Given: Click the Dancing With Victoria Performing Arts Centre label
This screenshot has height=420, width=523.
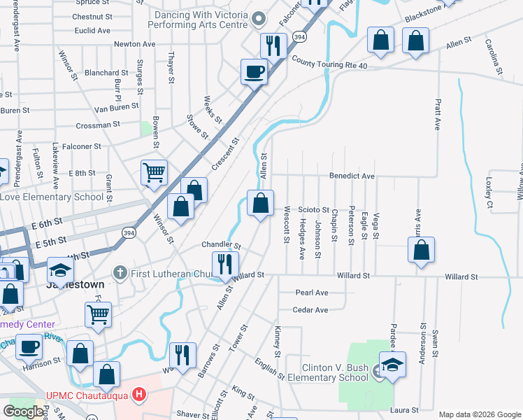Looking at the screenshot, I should tap(199, 18).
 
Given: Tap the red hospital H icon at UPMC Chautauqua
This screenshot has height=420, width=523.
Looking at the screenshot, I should tap(140, 395).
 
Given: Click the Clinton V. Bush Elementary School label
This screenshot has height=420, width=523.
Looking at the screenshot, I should tap(335, 372).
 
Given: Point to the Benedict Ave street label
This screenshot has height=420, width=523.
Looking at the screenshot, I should tap(352, 176).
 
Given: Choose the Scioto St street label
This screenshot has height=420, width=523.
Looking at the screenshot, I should tap(313, 209).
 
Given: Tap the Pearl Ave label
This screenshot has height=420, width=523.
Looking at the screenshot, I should tap(311, 293).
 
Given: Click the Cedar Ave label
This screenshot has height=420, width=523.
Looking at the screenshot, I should tap(310, 309).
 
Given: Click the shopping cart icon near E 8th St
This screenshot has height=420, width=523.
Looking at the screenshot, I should tap(154, 171).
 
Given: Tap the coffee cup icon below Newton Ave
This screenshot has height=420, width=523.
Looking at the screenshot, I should tap(254, 70).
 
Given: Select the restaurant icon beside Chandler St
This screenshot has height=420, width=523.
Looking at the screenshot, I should tap(224, 264).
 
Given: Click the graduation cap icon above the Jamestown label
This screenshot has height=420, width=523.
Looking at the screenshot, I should tap(61, 271).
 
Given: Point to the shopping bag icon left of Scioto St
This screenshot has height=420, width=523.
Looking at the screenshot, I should tap(260, 203).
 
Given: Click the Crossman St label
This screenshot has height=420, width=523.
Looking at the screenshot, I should tap(97, 125).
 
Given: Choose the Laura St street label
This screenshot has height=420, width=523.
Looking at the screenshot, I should tap(405, 410).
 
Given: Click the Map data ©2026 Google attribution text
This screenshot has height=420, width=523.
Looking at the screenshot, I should tap(479, 414).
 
